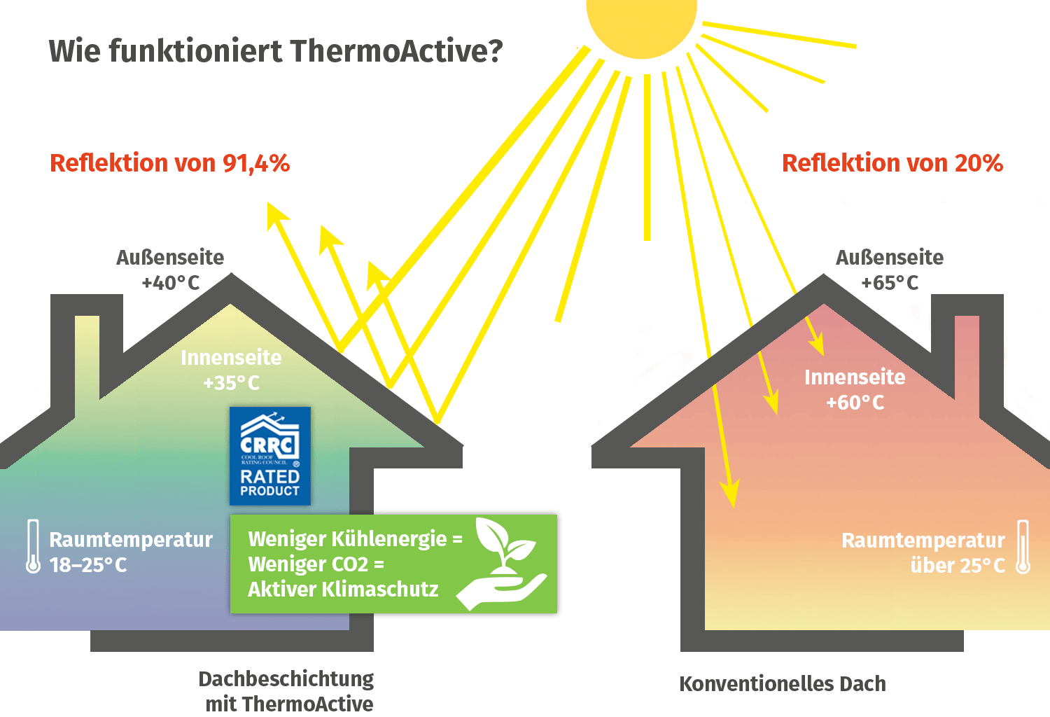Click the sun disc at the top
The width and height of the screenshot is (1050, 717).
[x=641, y=21]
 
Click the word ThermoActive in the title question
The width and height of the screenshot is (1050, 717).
[x=395, y=51]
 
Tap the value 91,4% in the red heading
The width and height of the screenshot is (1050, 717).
[x=255, y=163]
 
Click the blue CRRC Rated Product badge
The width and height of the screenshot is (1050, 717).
[x=269, y=455]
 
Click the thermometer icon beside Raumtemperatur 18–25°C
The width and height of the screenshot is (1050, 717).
[x=33, y=546]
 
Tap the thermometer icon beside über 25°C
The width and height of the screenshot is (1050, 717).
[x=1023, y=547]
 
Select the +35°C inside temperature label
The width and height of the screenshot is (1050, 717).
[x=231, y=383]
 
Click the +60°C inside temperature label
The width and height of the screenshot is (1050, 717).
[x=855, y=403]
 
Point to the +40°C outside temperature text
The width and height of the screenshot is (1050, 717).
[x=170, y=283]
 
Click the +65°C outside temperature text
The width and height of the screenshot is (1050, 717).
[x=889, y=283]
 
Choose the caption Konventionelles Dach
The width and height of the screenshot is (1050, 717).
[x=782, y=683]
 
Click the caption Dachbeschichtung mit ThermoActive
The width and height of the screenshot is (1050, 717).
[x=287, y=691]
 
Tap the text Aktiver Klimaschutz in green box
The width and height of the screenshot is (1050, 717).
[x=343, y=589]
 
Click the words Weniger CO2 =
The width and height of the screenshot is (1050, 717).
[x=316, y=564]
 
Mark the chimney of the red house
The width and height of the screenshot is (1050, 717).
[x=968, y=329]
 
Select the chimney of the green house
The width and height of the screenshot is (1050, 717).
[x=87, y=343]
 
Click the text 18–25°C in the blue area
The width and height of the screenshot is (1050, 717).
[x=88, y=565]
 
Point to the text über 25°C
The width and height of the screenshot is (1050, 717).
[x=957, y=565]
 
